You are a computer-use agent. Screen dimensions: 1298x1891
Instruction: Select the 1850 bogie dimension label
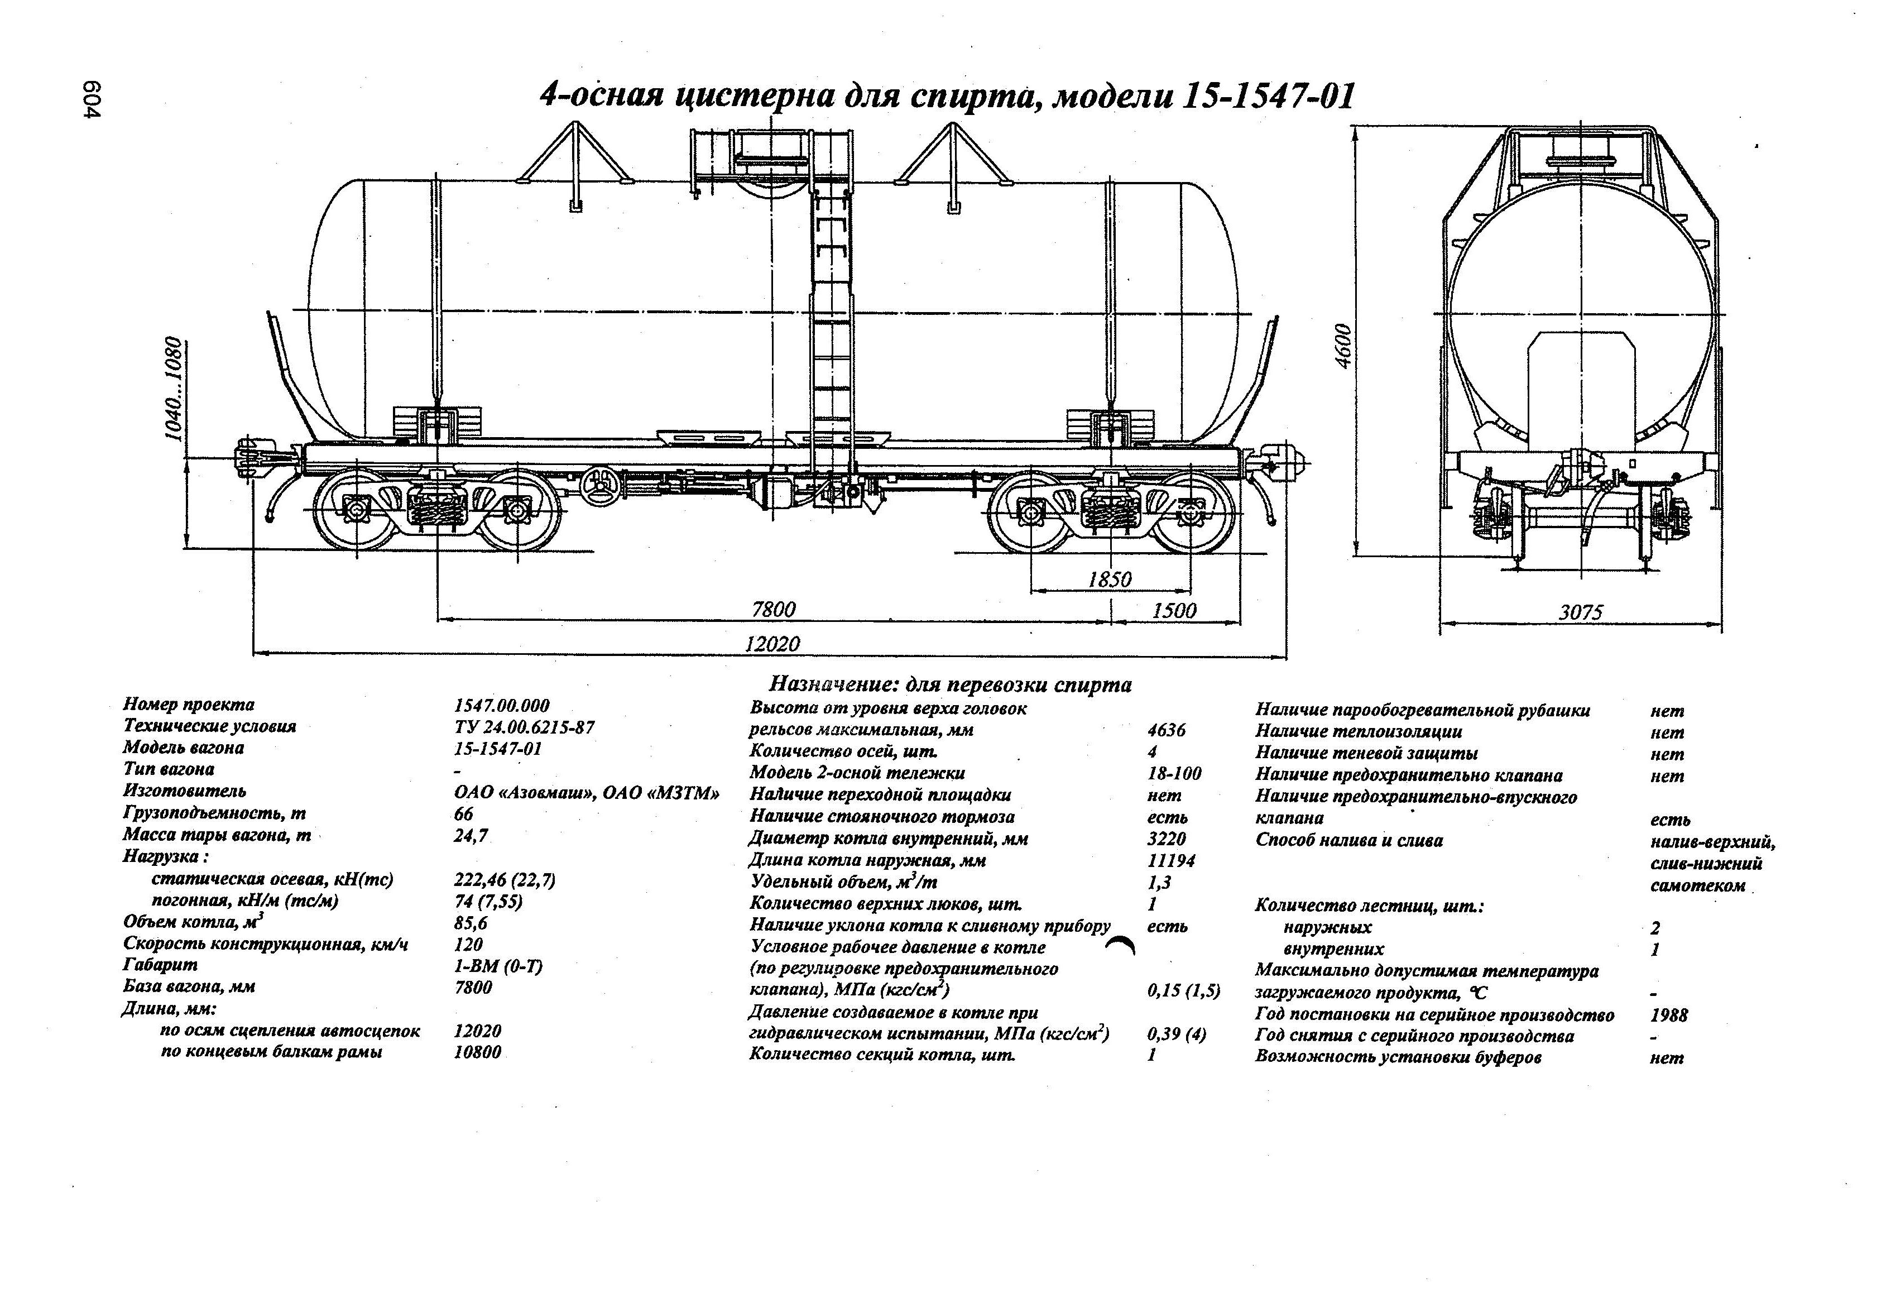tap(1109, 579)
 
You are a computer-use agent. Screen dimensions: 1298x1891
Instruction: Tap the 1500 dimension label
tap(1174, 610)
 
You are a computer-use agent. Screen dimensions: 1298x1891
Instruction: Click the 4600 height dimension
tap(1343, 346)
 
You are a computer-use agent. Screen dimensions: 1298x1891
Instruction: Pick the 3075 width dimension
tap(1580, 612)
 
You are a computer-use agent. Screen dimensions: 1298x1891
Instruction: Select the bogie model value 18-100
tap(1174, 773)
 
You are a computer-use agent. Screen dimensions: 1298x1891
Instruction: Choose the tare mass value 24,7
tap(471, 835)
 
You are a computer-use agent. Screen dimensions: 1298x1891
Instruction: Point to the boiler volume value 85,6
tap(471, 923)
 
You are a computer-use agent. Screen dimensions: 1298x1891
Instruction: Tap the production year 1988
tap(1669, 1015)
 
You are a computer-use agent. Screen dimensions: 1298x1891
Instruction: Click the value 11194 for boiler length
tap(1171, 860)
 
